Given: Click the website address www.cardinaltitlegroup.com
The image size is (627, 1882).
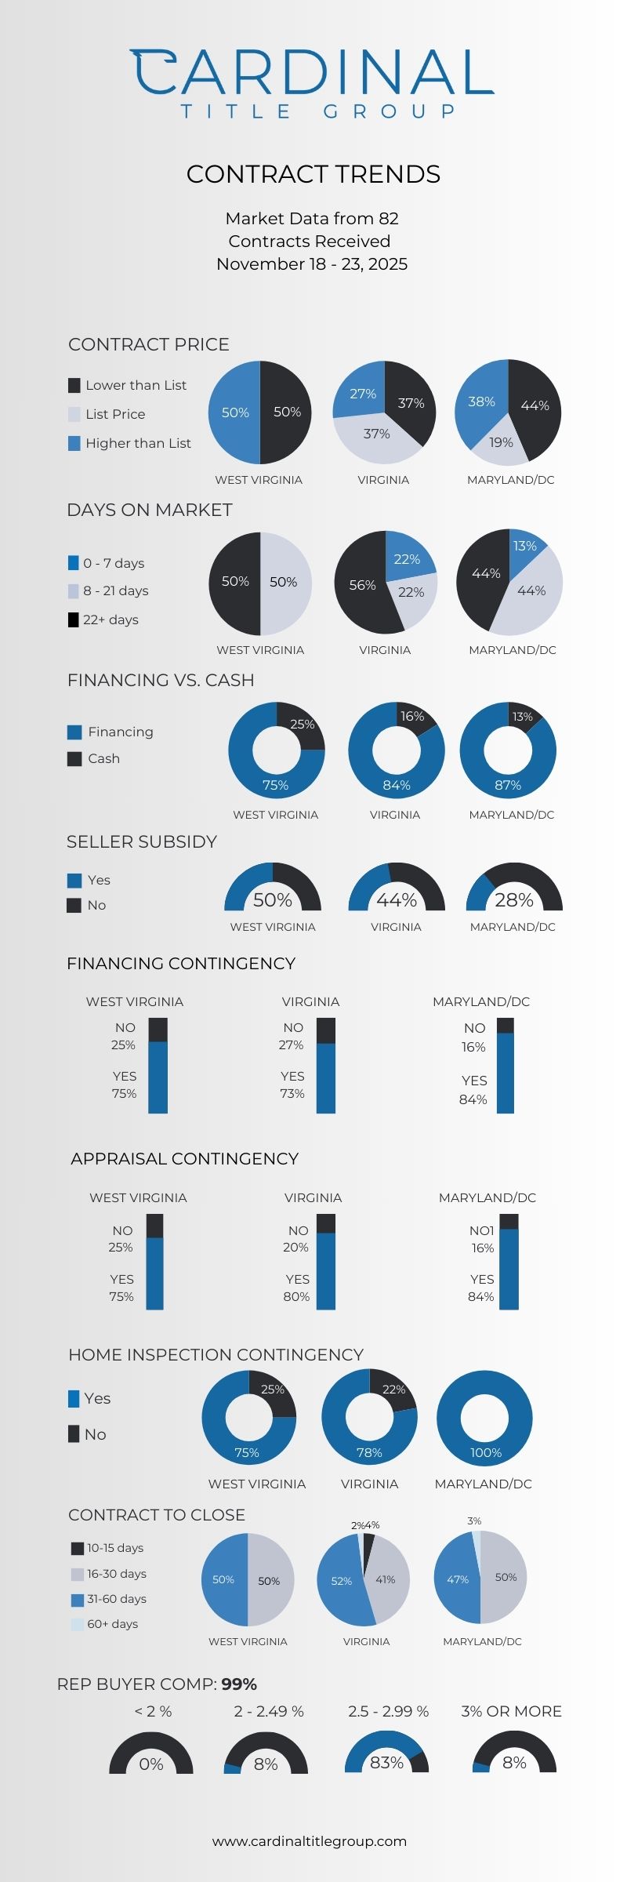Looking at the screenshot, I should tap(310, 1840).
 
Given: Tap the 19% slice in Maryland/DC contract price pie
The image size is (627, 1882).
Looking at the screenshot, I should tap(501, 442).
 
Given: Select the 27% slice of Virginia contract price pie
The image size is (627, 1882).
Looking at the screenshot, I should tap(362, 394).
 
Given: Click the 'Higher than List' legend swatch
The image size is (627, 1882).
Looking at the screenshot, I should tap(74, 444).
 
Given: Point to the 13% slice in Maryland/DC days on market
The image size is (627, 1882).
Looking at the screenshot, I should tap(524, 546).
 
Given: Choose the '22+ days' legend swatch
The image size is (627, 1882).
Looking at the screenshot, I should tap(74, 620).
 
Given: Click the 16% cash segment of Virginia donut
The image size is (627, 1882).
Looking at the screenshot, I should tap(413, 717).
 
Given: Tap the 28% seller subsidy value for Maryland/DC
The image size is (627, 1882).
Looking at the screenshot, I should tap(514, 899).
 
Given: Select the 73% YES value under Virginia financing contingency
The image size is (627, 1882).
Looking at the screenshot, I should tap(292, 1093).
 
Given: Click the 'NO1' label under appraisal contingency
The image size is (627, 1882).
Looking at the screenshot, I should tap(482, 1230).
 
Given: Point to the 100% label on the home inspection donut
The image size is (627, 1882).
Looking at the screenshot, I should tap(486, 1452).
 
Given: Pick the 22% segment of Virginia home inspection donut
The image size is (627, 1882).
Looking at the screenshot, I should tap(393, 1390).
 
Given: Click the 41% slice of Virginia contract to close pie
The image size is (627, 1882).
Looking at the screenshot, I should tap(386, 1580).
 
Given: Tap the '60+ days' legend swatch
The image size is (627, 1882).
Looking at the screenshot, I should tap(77, 1624).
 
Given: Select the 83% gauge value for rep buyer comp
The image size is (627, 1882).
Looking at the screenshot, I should tap(386, 1763).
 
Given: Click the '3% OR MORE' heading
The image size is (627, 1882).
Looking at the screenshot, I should tap(511, 1711).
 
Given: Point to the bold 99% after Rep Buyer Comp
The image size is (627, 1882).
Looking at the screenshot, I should tap(239, 1684).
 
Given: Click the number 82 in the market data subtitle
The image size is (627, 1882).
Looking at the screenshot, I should tap(389, 218).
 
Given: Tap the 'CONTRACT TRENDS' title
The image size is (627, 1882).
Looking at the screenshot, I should tap(313, 174).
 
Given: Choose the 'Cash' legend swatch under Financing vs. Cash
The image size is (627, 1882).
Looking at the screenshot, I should tap(74, 759).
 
